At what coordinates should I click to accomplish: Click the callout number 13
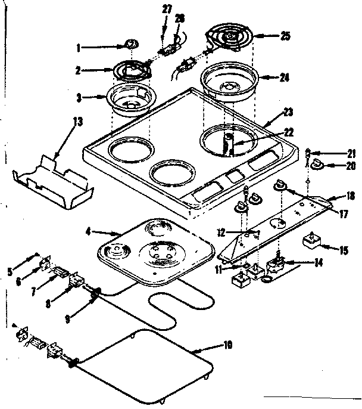pos(77,122)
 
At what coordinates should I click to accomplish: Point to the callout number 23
pos(288,111)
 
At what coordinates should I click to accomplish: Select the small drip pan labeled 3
pos(127,100)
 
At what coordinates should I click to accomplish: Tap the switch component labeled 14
pos(277,262)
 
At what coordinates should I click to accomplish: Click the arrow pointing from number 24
pos(267,77)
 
